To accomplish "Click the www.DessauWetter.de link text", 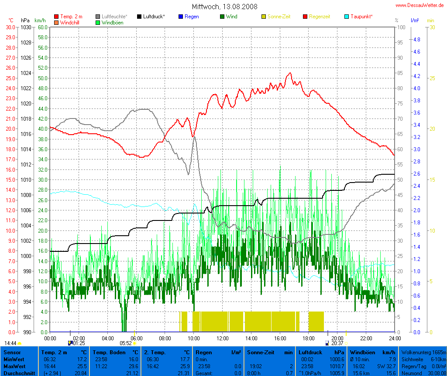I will tap(420, 6).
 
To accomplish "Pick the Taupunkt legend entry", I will tap(361, 17).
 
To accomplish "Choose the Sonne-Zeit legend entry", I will tap(279, 17).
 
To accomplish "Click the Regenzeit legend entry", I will tap(320, 17).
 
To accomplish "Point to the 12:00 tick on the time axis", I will tap(222, 338).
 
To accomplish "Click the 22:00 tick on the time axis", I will tap(366, 338).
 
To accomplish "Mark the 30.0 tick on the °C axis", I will tap(10, 27).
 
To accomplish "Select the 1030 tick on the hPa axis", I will tap(26, 27).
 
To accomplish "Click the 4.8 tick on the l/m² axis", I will tap(416, 39).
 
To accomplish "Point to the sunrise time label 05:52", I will tap(126, 343).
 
